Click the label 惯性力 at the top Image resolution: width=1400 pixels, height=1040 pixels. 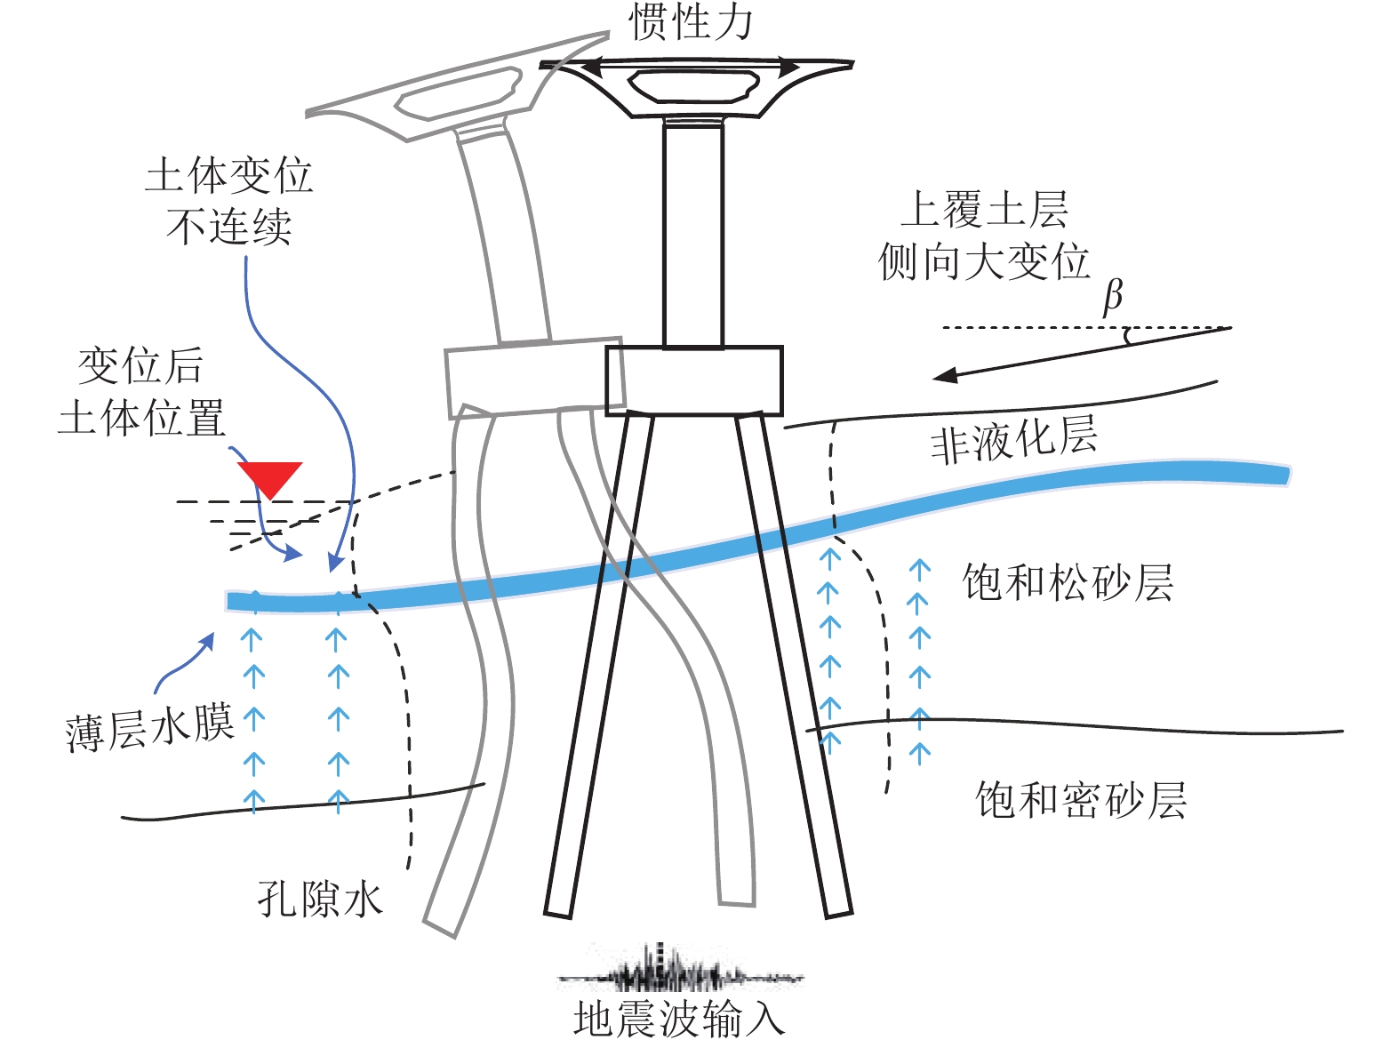691,21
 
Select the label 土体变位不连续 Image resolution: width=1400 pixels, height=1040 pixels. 229,201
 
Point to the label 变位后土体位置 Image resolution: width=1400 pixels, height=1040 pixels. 141,392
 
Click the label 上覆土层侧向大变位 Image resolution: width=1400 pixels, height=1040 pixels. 984,236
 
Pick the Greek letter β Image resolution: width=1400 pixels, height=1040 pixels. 1112,296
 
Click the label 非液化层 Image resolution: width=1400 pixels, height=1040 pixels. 1013,439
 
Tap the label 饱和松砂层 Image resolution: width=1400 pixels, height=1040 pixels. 1068,583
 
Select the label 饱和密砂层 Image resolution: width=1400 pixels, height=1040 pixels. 1080,800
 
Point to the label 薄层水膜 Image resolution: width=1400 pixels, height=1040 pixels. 149,729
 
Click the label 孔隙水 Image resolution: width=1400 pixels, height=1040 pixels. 320,899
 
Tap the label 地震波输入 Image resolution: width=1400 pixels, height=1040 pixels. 679,1019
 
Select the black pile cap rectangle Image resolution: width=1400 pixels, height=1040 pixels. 693,380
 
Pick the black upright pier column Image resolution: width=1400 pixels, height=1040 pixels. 692,236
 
